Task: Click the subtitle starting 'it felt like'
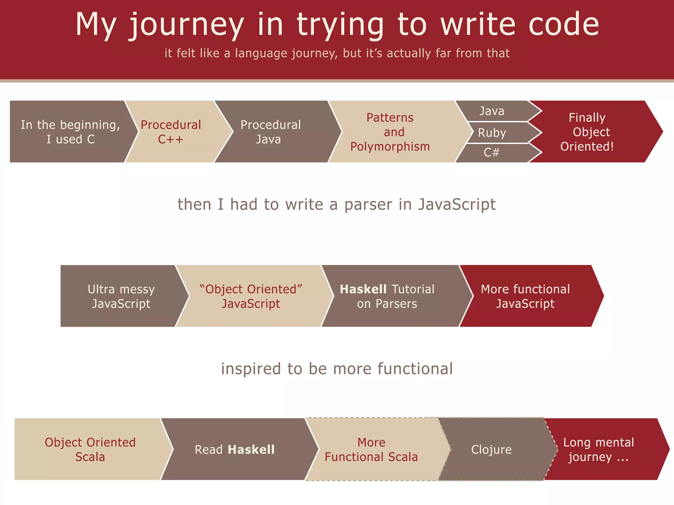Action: [x=337, y=53]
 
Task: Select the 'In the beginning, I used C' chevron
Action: [x=70, y=132]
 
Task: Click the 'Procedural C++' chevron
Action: [x=171, y=132]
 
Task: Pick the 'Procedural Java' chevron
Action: [x=271, y=132]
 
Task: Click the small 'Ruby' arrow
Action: [x=492, y=133]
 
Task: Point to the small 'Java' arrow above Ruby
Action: [x=492, y=111]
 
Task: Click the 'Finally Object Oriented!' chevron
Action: [x=587, y=132]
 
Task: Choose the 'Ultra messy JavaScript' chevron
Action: [x=121, y=296]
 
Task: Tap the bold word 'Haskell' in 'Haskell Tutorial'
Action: [x=363, y=289]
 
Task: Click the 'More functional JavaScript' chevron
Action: [x=525, y=296]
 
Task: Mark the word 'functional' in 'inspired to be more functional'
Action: [x=415, y=369]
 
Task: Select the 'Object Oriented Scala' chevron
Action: [x=90, y=449]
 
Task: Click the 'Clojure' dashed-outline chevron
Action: [x=491, y=449]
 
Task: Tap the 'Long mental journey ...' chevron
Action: [x=598, y=449]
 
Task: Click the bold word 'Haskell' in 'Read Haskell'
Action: [x=251, y=450]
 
